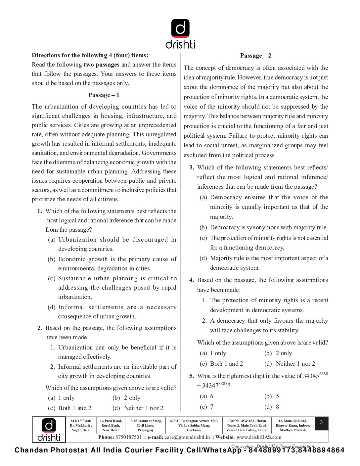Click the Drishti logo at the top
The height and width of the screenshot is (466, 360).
[x=180, y=33]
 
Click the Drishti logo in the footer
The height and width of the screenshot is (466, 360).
[x=49, y=430]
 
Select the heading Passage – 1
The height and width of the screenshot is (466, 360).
[x=104, y=95]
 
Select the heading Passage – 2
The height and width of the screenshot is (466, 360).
[x=255, y=56]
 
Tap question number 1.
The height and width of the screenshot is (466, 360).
[x=40, y=211]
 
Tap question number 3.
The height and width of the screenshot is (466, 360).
[x=192, y=167]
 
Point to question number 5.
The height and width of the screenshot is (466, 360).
[x=192, y=376]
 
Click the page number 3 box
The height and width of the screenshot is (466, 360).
[x=321, y=423]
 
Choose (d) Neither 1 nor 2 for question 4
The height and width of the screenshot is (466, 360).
[x=290, y=364]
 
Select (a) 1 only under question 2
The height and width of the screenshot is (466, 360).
[x=62, y=398]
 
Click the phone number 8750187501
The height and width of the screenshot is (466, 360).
[x=128, y=437]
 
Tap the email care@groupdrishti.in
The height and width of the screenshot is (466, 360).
[x=187, y=437]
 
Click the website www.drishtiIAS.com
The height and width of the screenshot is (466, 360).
[x=259, y=437]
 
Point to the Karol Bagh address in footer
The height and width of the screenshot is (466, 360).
[x=111, y=426]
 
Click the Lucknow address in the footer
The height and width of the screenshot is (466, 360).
[x=194, y=426]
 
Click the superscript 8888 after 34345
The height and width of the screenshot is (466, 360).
[x=323, y=374]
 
